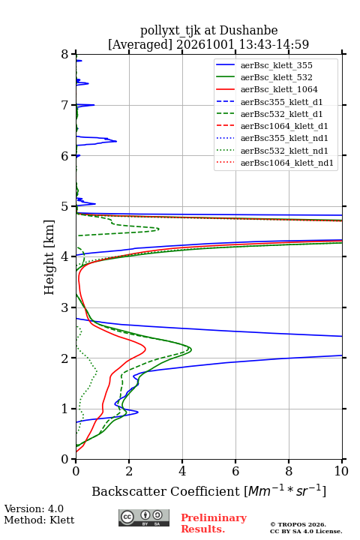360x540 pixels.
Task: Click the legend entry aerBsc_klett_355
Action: pos(276,65)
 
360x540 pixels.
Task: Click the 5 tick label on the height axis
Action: pos(65,206)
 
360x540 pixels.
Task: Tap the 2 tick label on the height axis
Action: pos(65,358)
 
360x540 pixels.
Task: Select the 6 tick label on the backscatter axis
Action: pos(235,471)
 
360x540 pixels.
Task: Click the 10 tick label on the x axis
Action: pos(341,471)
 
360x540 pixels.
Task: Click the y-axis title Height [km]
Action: pos(49,257)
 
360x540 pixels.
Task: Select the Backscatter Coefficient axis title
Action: pos(208,491)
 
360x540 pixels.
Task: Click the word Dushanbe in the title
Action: pos(248,31)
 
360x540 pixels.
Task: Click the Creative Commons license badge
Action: pos(144,517)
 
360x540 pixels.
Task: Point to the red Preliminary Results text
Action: pos(214,523)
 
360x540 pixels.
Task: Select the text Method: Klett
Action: pos(39,520)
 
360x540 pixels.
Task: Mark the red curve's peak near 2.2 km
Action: pos(145,349)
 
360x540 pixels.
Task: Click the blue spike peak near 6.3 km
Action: pos(116,141)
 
